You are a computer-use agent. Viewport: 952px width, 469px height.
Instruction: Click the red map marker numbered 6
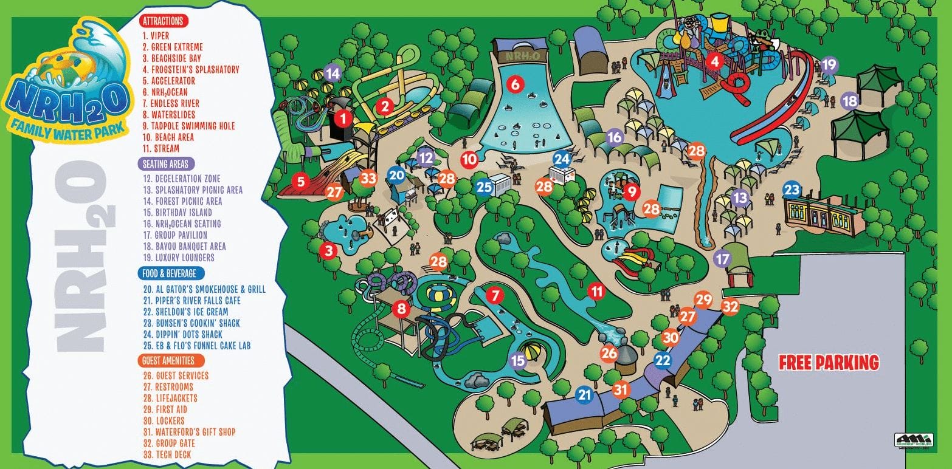click(x=516, y=84)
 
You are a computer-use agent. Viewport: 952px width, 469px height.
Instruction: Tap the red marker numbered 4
click(x=715, y=61)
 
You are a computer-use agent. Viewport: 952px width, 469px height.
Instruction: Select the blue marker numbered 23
click(x=792, y=190)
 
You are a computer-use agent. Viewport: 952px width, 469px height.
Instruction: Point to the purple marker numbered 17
click(x=722, y=259)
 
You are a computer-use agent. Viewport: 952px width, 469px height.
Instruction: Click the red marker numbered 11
click(x=598, y=292)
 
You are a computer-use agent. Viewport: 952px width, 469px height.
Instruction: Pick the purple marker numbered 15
click(x=518, y=361)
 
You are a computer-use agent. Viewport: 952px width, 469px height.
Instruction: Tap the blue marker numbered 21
click(x=584, y=395)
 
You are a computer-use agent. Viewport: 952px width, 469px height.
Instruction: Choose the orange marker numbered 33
click(x=368, y=179)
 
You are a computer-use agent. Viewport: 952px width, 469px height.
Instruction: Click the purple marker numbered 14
click(x=333, y=74)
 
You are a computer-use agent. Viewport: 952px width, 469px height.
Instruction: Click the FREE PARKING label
click(x=829, y=363)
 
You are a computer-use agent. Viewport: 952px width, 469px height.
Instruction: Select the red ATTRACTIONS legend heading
click(x=164, y=21)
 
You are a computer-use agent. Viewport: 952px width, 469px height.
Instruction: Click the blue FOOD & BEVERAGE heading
click(x=170, y=273)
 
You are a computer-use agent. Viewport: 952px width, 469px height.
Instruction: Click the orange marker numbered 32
click(x=730, y=307)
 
